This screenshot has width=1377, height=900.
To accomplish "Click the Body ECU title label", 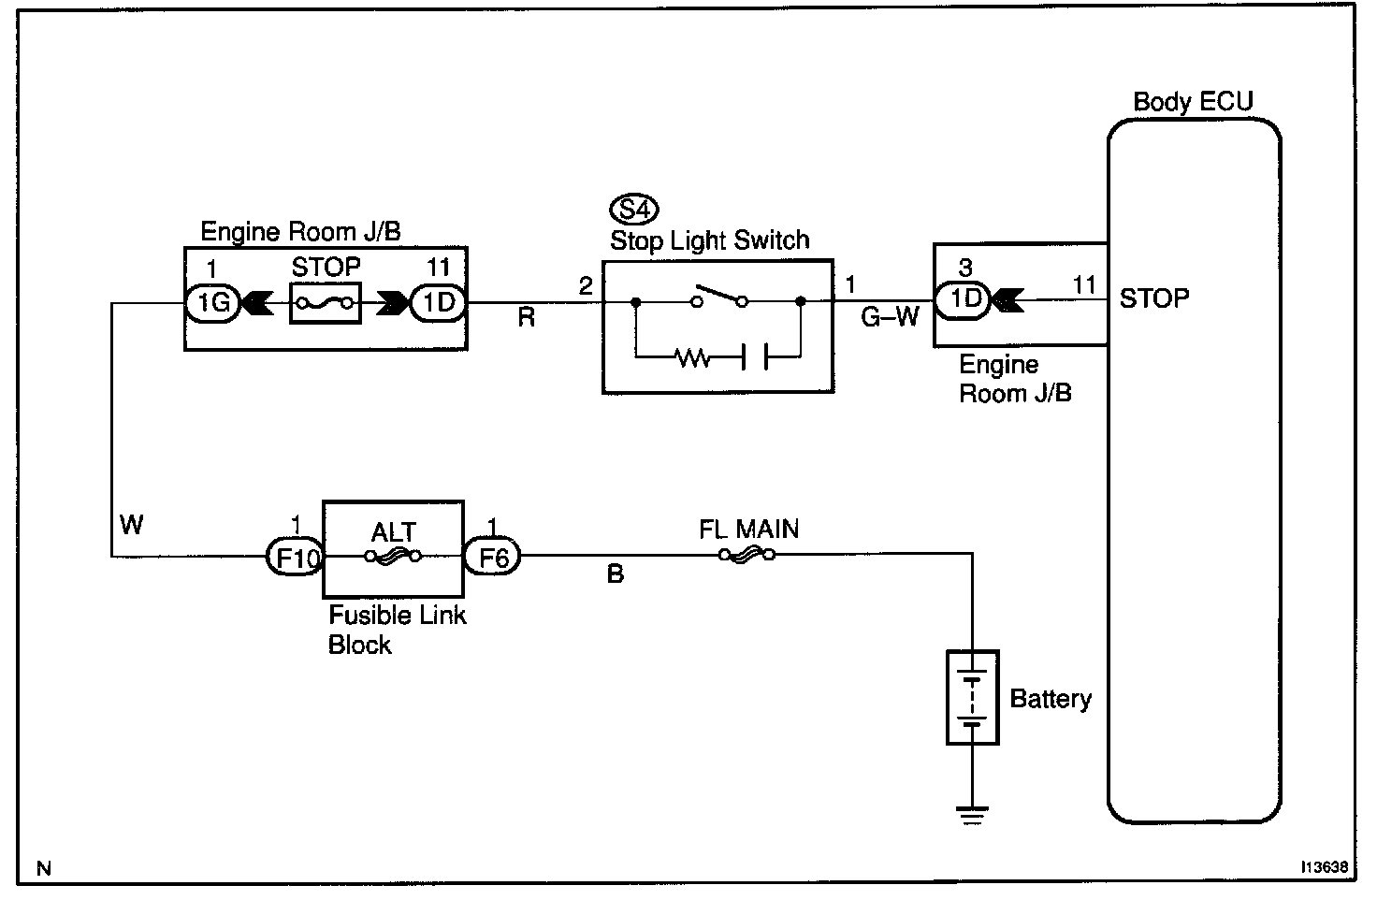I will (x=1192, y=102).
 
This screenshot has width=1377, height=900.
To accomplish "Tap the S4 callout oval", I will (x=633, y=208).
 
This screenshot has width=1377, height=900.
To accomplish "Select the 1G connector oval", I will (x=212, y=302).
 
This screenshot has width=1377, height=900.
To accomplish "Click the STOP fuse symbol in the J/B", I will (x=325, y=302).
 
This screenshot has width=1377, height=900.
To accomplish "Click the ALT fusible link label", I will (x=393, y=532).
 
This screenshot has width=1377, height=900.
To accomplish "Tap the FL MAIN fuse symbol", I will (x=746, y=555).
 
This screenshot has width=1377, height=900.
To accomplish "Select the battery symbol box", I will (x=973, y=698).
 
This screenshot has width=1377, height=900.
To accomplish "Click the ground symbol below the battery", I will (x=973, y=817).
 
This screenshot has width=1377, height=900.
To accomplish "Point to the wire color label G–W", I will (x=890, y=318).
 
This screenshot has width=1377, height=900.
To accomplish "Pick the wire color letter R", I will (x=526, y=319).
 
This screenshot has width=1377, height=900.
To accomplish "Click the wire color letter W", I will (x=132, y=525).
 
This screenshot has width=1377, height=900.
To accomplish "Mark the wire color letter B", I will (x=615, y=574).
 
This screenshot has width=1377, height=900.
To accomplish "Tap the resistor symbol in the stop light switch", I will (x=692, y=356).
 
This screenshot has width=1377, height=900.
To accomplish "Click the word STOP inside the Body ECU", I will (x=1154, y=299).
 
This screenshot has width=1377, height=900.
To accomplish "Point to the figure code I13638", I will (x=1322, y=867).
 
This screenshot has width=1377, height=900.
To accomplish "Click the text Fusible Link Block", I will (x=397, y=630).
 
